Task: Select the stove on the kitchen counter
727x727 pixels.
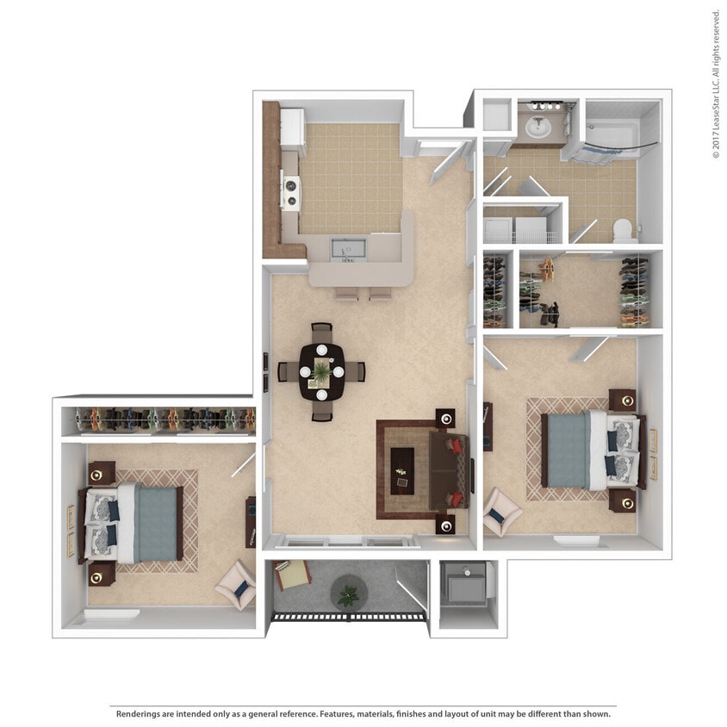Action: coord(291,191)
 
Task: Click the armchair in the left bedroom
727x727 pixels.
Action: coord(235,585)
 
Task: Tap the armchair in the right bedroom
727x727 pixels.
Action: coord(500,512)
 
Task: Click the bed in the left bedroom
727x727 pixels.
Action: coord(134,522)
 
